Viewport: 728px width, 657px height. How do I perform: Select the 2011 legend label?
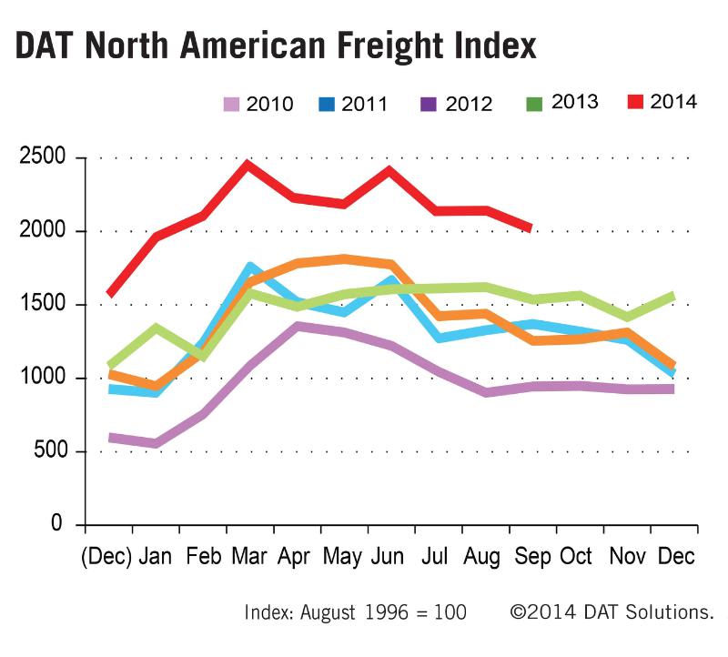click(365, 104)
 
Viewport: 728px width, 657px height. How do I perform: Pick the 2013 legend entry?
click(573, 102)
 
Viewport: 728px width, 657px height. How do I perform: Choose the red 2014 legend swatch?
click(636, 101)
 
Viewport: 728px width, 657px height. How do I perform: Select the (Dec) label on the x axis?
click(106, 556)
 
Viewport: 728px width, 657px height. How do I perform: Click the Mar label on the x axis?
click(248, 556)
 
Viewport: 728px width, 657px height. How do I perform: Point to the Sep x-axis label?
click(533, 556)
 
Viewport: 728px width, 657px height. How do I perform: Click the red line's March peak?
click(247, 163)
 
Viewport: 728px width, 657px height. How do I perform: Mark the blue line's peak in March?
click(248, 267)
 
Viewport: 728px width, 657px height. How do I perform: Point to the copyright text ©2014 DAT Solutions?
click(612, 612)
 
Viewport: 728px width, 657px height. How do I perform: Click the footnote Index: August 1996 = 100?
click(356, 612)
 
